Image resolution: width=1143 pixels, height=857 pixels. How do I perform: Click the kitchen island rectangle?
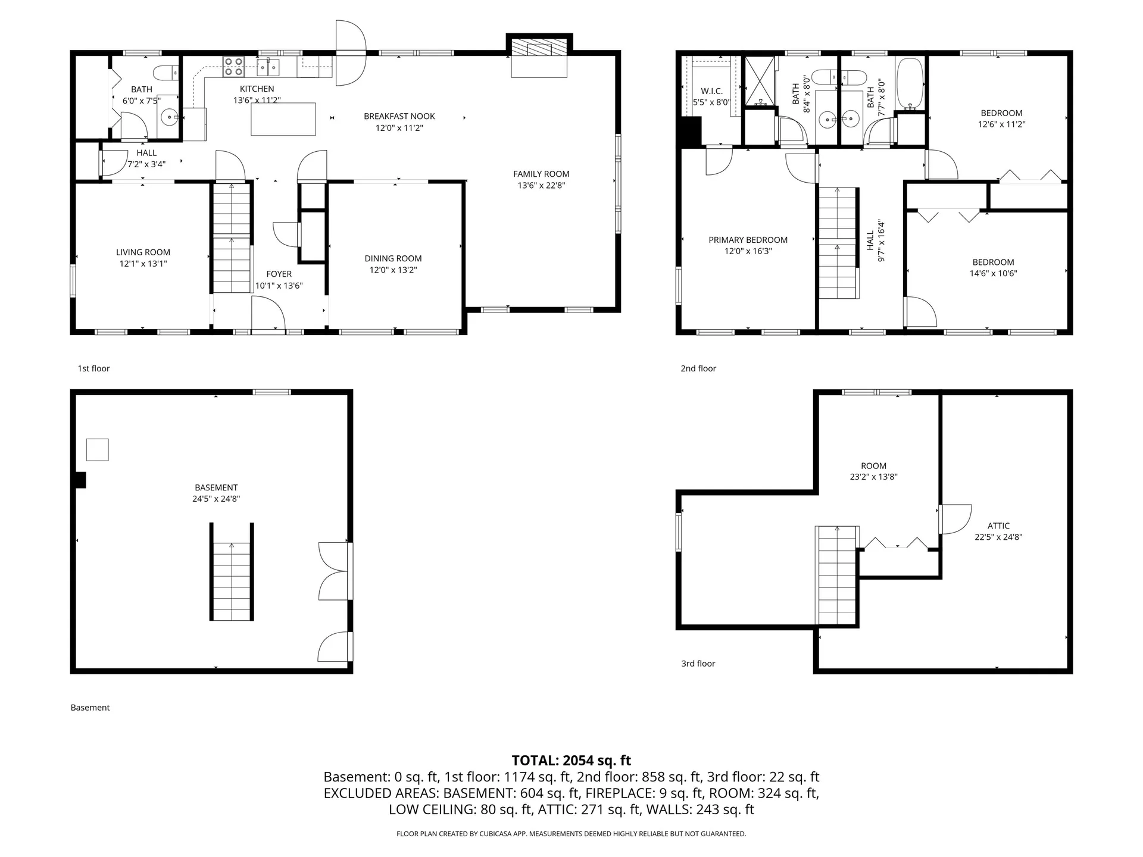pyautogui.click(x=283, y=119)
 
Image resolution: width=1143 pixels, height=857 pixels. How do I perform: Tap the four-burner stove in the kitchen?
pyautogui.click(x=233, y=67)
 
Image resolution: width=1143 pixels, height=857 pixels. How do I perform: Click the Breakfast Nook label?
pyautogui.click(x=399, y=116)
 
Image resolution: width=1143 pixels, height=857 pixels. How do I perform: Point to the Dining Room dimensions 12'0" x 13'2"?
pyautogui.click(x=393, y=270)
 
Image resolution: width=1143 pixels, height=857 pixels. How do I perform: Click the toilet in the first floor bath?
pyautogui.click(x=166, y=73)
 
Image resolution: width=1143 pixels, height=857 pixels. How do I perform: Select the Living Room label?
pyautogui.click(x=143, y=252)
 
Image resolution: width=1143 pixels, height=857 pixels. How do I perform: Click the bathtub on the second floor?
pyautogui.click(x=909, y=83)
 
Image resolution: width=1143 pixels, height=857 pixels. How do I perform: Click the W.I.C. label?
pyautogui.click(x=711, y=91)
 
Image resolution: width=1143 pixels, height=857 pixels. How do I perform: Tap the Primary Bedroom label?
pyautogui.click(x=748, y=240)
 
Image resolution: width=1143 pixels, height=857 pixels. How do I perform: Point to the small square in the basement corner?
pyautogui.click(x=98, y=450)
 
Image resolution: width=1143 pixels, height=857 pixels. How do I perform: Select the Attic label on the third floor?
pyautogui.click(x=998, y=526)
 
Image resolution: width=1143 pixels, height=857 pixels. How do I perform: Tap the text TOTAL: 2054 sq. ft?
pyautogui.click(x=571, y=760)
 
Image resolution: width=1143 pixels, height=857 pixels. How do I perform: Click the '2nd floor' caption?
pyautogui.click(x=698, y=368)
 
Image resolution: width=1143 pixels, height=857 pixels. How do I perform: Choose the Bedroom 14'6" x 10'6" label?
pyautogui.click(x=993, y=262)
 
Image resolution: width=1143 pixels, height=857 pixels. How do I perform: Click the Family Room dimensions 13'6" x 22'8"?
pyautogui.click(x=541, y=186)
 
